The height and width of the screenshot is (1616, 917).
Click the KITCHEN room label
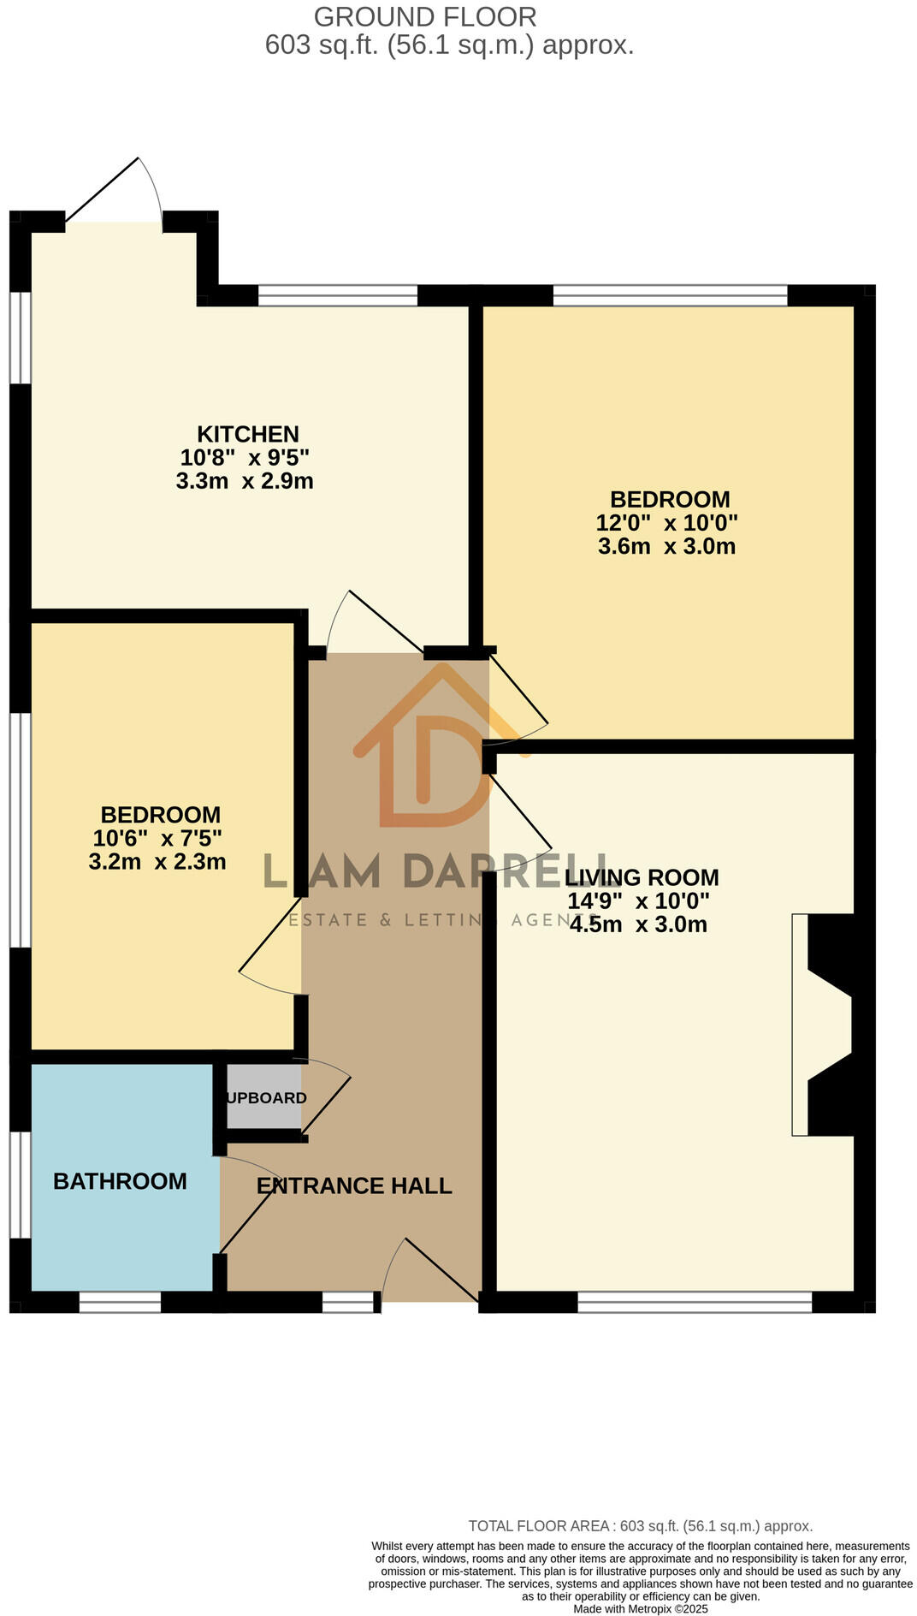[247, 434]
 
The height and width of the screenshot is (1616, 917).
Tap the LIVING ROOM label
[642, 877]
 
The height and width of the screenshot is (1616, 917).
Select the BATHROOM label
[120, 1181]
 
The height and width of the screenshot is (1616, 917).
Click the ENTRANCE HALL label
[354, 1185]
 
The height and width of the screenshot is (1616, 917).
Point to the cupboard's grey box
[264, 1097]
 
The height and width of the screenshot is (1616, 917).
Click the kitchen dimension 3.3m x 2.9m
[245, 481]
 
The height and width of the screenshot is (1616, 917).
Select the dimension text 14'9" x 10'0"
[639, 901]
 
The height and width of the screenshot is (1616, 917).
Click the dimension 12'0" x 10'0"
[667, 522]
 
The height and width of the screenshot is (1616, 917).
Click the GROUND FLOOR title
[425, 17]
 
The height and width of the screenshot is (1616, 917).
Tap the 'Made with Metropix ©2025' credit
[641, 1609]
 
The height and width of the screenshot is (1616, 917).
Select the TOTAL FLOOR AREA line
[640, 1525]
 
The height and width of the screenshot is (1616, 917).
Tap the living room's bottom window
[695, 1302]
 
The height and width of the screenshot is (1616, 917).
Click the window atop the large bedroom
[670, 295]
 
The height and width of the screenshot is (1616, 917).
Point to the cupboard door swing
[325, 1096]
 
